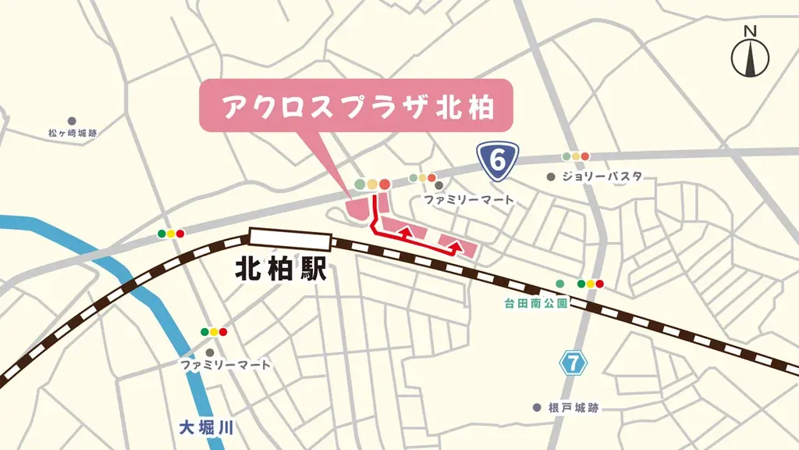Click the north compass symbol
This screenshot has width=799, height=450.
click(x=750, y=54)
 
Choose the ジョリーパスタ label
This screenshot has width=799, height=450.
click(x=602, y=177)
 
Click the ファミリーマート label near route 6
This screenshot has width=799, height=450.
click(x=469, y=200)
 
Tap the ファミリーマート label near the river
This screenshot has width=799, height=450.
click(x=225, y=365)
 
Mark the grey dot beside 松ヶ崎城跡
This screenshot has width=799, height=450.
click(x=72, y=121)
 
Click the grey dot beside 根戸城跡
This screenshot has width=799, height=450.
click(x=537, y=408)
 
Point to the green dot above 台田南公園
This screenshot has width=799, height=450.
click(x=559, y=283)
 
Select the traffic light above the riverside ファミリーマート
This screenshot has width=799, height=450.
click(x=214, y=332)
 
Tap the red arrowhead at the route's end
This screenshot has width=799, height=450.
click(x=457, y=245)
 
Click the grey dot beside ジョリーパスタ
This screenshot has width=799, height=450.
click(x=552, y=177)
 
